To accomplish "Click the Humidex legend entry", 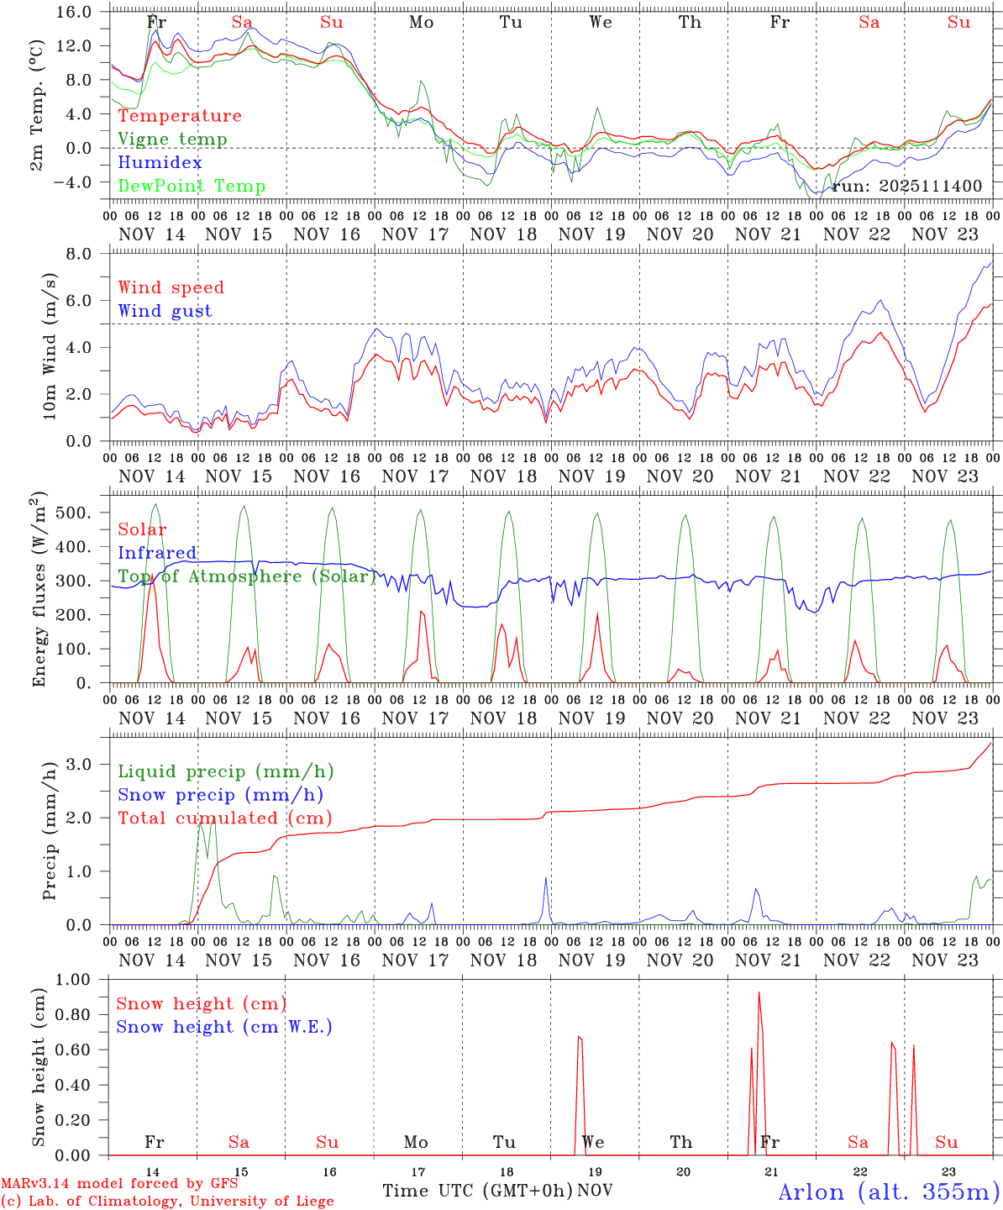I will (160, 163).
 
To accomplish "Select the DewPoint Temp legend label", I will (192, 187).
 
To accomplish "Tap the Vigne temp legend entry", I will (172, 139).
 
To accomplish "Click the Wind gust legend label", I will (165, 311).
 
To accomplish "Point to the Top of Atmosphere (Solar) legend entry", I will (247, 576).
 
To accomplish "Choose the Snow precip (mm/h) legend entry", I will (220, 795).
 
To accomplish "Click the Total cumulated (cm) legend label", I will (224, 818).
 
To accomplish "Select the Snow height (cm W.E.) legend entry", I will (224, 1027).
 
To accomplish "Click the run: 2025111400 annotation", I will (906, 186).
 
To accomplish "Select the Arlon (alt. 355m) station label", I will (889, 1192).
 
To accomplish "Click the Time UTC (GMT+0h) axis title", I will (477, 1191).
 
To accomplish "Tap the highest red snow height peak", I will (759, 992).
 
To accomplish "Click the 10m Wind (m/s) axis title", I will (50, 346).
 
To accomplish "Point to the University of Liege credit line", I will (167, 1202).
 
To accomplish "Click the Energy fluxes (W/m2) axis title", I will (39, 591).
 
